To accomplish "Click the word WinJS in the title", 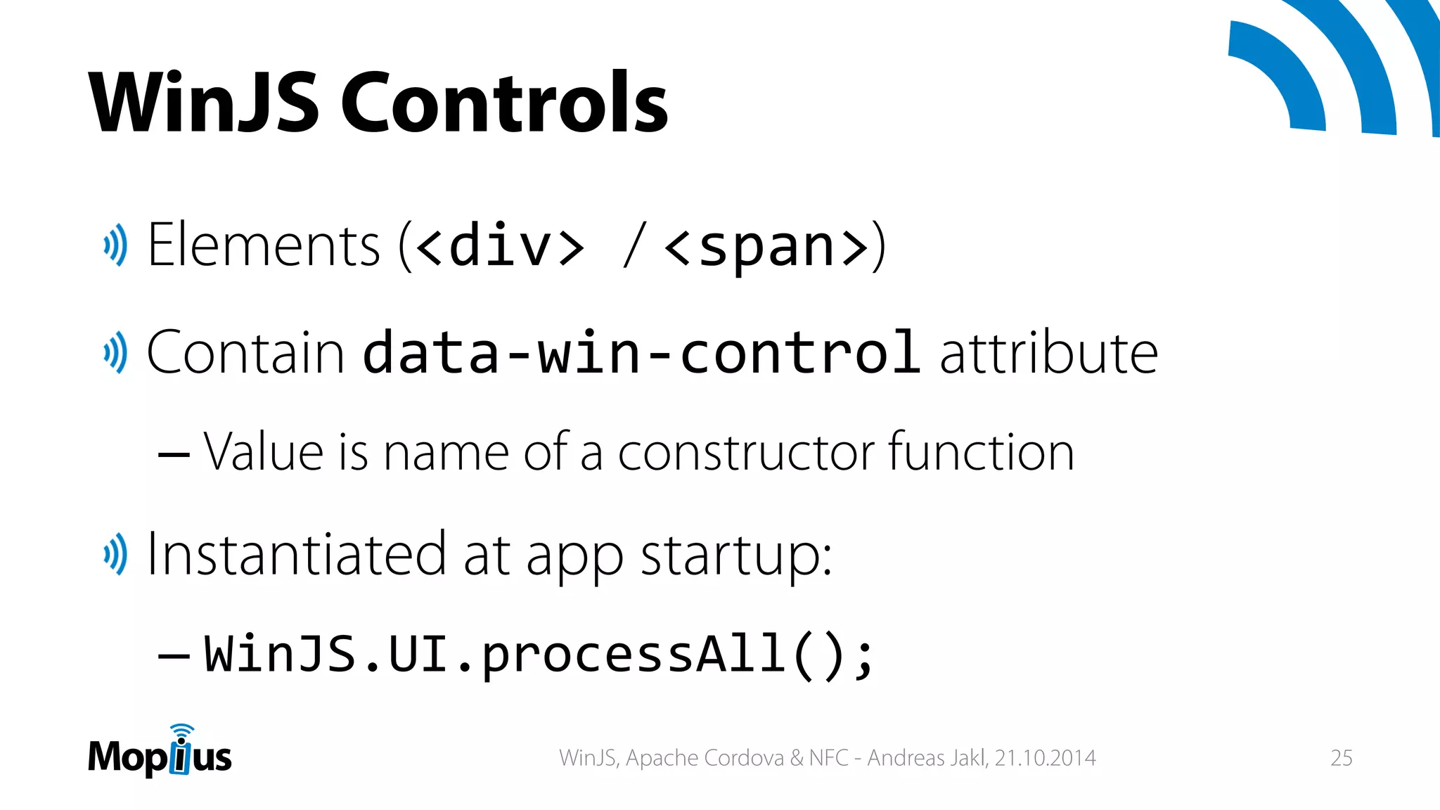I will tap(204, 103).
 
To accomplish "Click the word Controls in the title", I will tap(504, 103).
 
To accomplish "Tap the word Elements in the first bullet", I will tap(264, 245).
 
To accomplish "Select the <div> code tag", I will tap(500, 247).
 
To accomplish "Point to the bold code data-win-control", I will tap(641, 352).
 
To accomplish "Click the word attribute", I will tap(1048, 352).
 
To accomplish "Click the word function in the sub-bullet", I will tap(981, 451).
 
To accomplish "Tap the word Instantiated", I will tap(296, 554).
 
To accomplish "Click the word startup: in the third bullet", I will tap(736, 555).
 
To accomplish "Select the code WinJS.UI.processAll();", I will tap(539, 655).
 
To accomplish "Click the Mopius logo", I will tap(160, 753).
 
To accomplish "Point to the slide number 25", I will tap(1341, 758).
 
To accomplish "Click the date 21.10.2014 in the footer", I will tap(1045, 758).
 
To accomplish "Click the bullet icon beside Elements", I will tap(115, 245).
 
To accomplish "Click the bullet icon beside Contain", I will tap(115, 352).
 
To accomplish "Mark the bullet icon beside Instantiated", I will tap(115, 554).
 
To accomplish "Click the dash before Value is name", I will tap(174, 454).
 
